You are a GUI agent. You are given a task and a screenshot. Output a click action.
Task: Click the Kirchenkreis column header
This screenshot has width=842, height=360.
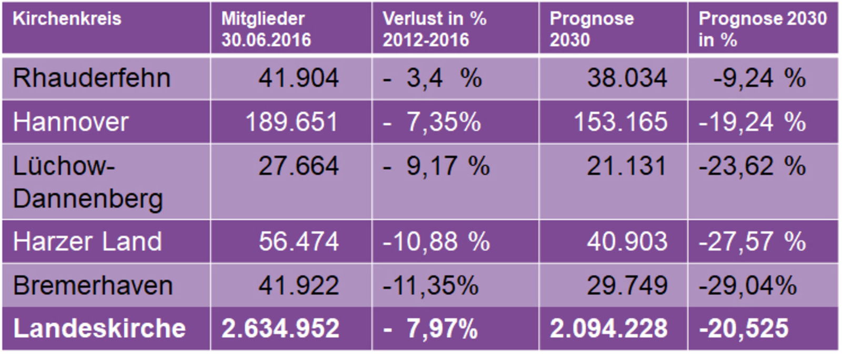click(67, 19)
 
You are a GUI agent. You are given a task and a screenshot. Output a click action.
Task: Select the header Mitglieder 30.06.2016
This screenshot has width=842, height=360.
click(266, 29)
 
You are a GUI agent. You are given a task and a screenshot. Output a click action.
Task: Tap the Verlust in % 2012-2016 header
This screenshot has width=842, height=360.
click(434, 29)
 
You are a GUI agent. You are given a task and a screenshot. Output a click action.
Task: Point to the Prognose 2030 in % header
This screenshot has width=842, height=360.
click(762, 29)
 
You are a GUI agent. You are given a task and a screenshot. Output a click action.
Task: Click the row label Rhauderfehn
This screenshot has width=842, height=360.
click(92, 78)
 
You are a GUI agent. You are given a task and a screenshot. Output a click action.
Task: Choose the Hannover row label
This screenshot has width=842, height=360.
click(71, 122)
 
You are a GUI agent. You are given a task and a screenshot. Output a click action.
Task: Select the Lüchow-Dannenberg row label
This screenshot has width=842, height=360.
click(87, 182)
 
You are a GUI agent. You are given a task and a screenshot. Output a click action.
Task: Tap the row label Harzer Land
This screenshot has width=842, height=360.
click(87, 242)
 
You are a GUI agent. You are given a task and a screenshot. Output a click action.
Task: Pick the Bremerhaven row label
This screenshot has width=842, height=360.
click(93, 286)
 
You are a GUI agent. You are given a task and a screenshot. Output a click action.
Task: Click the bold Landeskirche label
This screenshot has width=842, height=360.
click(99, 328)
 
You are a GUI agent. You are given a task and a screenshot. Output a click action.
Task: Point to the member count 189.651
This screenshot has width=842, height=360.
click(292, 122)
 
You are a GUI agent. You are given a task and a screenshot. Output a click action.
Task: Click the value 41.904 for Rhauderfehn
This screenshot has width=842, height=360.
click(298, 78)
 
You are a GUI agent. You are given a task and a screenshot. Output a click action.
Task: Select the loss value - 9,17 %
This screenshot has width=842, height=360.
click(436, 166)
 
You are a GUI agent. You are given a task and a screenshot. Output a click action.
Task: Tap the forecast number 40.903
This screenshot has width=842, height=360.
click(627, 242)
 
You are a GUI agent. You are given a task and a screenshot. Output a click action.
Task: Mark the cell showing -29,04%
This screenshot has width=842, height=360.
click(747, 286)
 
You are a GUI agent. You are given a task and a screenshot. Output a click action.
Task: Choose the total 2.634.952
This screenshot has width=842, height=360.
click(280, 328)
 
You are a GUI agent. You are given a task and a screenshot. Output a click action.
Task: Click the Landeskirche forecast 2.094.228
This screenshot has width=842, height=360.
click(608, 328)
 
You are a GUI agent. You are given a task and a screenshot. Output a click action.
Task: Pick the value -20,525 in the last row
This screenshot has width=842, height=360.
click(743, 328)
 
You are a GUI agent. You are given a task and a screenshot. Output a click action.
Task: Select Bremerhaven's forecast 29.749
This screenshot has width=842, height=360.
click(627, 286)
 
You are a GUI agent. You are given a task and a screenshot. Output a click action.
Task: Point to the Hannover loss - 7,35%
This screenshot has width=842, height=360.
click(432, 122)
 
